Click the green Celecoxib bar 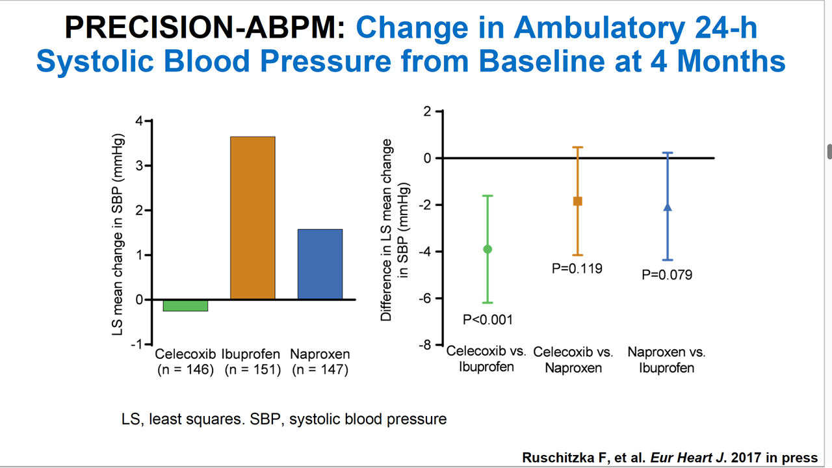click(x=185, y=305)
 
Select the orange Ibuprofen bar click(x=253, y=218)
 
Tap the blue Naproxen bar click(x=320, y=264)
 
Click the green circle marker click(x=487, y=249)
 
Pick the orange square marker click(x=577, y=201)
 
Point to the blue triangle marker click(x=667, y=207)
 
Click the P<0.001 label click(x=487, y=320)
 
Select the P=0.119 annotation click(x=577, y=268)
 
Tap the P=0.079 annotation click(x=667, y=275)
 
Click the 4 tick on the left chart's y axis click(x=139, y=121)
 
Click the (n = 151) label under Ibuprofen click(x=253, y=370)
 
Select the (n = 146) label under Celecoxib click(x=185, y=370)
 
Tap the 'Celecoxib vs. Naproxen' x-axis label click(x=573, y=360)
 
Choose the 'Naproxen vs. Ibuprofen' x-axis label click(x=667, y=360)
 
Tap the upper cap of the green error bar click(x=487, y=196)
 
